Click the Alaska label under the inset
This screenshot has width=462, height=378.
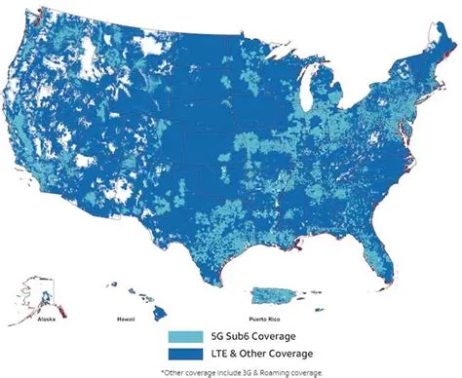(46, 319)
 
